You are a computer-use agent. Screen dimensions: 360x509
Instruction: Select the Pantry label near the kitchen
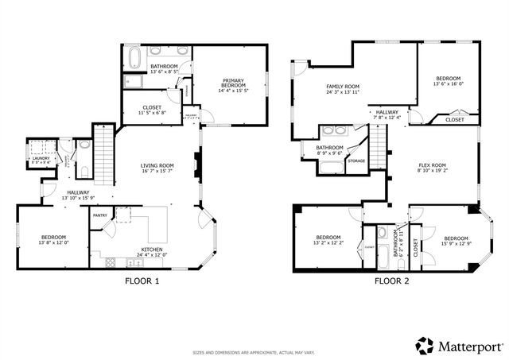click(x=100, y=215)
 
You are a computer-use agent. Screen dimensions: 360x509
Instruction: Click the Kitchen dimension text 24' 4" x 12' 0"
click(x=152, y=254)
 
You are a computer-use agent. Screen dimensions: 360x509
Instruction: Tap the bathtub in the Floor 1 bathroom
click(x=134, y=57)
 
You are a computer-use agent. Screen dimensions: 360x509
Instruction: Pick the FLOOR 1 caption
click(x=142, y=281)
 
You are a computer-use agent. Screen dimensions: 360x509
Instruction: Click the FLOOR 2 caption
click(x=392, y=281)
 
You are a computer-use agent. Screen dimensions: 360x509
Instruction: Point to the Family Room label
click(x=343, y=90)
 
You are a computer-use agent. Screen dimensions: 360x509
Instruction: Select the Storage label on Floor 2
click(x=356, y=161)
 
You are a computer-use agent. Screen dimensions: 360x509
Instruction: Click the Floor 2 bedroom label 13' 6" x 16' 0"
click(x=448, y=83)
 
